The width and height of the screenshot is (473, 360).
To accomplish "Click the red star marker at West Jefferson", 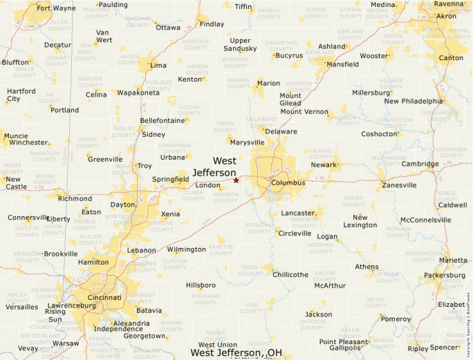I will point(236,180).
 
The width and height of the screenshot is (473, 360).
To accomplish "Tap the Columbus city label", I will point(288,183).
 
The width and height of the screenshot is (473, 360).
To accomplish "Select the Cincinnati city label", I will point(105,297).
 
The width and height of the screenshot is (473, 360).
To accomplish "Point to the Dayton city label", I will point(123,205).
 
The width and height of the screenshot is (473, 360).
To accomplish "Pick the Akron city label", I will point(446,16).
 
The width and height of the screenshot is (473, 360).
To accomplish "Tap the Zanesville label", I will point(399,185).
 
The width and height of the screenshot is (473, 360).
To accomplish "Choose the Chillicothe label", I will point(290,274).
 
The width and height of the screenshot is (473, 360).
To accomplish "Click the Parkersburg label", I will point(445,275).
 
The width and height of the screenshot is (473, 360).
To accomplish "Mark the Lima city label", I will point(158,66).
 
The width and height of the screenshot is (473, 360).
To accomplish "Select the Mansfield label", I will point(342,64).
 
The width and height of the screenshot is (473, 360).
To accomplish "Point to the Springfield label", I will point(171,180).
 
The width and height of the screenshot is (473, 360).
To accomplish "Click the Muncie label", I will point(16,136).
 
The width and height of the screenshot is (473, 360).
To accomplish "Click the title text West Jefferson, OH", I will point(236,353).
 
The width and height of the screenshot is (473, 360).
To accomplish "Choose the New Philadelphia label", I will point(413,101).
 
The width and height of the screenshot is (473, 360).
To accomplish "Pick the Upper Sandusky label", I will point(241,45).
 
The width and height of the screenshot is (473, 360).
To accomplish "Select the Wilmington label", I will point(187,249).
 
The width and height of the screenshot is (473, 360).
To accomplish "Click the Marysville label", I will point(248,142).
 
